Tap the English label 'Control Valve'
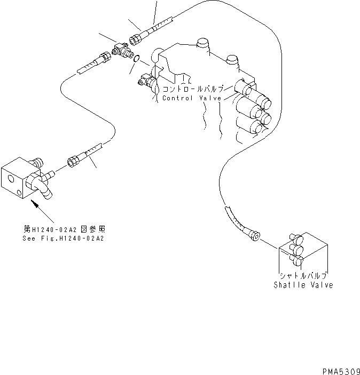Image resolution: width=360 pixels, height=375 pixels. pos(192,98)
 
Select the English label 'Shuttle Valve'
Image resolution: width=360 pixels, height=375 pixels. pos(303,285)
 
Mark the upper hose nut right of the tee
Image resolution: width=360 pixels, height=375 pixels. pos(138,38)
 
